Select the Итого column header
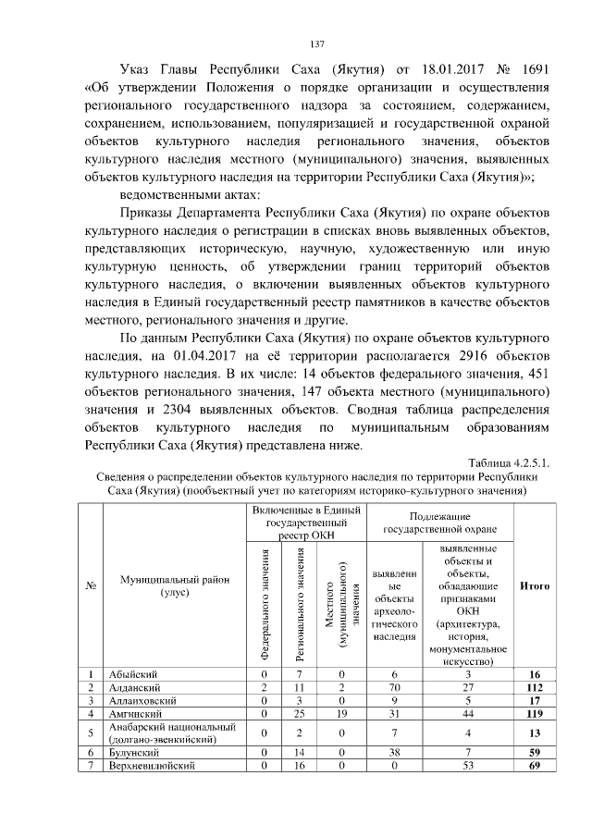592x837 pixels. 535,585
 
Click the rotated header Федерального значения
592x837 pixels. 265,603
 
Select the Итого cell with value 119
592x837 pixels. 535,715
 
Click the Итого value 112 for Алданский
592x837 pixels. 535,688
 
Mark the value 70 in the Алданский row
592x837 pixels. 394,688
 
